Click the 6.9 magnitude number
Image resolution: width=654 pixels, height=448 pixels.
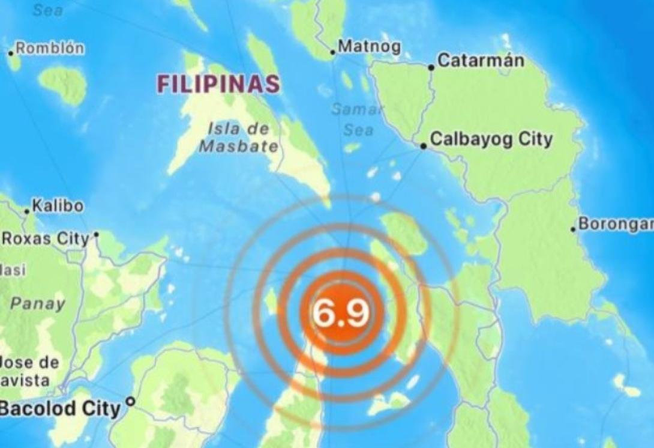(x=340, y=313)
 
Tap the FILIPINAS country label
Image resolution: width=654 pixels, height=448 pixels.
(x=218, y=84)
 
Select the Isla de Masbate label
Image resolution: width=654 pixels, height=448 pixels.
(x=238, y=137)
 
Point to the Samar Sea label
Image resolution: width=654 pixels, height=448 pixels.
(x=358, y=120)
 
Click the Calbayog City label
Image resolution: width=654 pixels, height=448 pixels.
(x=491, y=140)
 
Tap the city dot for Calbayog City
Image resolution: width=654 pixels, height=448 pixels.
(x=424, y=145)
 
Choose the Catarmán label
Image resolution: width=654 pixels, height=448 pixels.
(x=481, y=60)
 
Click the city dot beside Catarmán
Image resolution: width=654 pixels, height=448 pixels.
(x=431, y=67)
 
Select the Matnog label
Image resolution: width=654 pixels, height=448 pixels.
(x=369, y=46)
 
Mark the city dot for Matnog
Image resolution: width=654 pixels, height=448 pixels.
(x=333, y=52)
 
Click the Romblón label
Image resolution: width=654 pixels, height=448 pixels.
(x=50, y=49)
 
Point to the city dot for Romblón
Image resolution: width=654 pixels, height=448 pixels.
(x=11, y=53)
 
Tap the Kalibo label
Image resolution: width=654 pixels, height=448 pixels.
(x=58, y=206)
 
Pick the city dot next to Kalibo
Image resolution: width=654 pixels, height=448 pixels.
(x=26, y=211)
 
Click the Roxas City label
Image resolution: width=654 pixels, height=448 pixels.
(x=46, y=239)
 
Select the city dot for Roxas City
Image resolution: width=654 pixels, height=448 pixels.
(x=96, y=234)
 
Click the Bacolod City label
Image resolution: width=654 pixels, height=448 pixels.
(x=60, y=410)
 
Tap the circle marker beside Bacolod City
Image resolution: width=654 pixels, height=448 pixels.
(x=130, y=401)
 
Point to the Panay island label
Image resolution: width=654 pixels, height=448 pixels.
(x=37, y=303)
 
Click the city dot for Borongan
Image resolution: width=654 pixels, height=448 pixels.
(x=573, y=228)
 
